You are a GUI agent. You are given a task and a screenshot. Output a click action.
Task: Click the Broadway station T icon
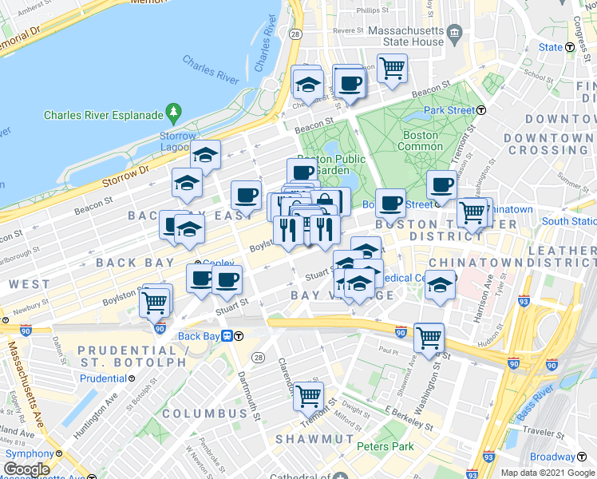coord(579,457)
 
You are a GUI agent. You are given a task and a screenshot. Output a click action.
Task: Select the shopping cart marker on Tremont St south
coord(308,394)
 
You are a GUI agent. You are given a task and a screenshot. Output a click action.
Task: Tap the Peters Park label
coord(385,446)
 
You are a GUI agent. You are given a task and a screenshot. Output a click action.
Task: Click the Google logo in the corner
coord(27,469)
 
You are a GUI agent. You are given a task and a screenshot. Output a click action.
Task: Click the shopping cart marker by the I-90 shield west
coord(154,301)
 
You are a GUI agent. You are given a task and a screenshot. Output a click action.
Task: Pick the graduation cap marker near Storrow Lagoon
coord(205,155)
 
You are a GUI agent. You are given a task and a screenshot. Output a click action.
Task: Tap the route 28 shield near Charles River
coord(295,36)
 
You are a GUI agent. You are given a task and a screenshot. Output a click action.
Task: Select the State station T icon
coord(570,47)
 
